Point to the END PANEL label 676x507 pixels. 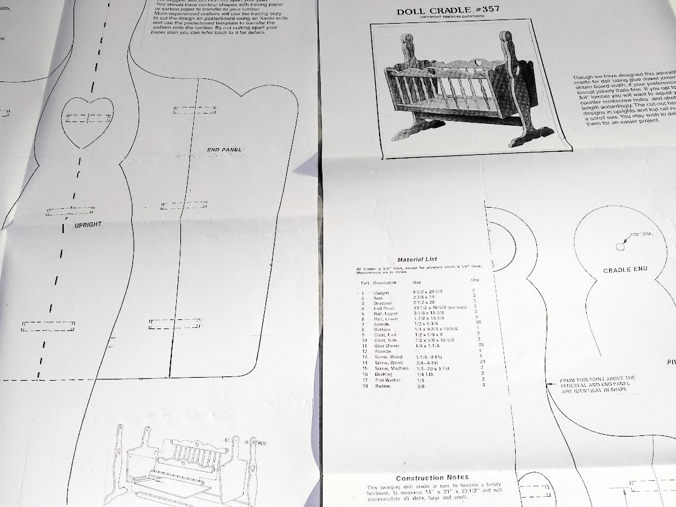coord(224,149)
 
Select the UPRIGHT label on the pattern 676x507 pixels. coord(87,225)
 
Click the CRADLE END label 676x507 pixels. coord(625,269)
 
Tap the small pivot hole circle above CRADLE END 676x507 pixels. coord(620,246)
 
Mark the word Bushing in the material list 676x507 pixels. coord(384,375)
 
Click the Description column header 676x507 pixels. coord(384,282)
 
